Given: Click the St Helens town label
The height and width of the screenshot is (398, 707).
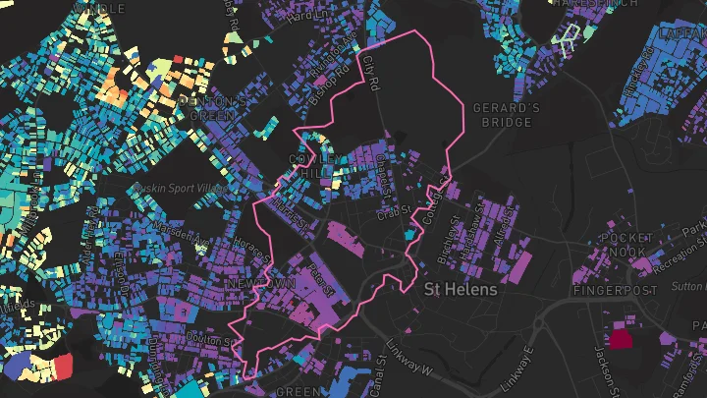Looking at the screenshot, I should click(461, 291).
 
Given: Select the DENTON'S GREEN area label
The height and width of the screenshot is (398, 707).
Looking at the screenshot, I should click(212, 108).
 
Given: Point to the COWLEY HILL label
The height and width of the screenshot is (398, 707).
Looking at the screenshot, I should click(316, 165).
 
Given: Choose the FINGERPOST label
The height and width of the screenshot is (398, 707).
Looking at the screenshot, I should click(615, 291).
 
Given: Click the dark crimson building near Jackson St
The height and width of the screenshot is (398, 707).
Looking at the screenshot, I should click(621, 340).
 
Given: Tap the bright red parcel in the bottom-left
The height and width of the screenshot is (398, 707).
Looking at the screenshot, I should click(63, 367).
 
